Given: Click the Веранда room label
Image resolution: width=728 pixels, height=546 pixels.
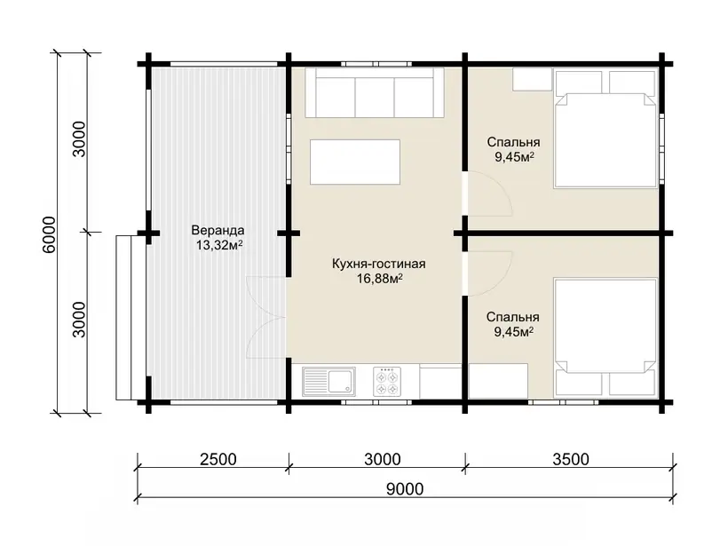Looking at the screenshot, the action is [x=218, y=230].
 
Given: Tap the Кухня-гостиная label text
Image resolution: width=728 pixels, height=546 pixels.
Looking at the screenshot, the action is [x=379, y=265].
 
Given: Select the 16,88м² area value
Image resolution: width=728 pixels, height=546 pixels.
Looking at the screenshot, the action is [x=379, y=279].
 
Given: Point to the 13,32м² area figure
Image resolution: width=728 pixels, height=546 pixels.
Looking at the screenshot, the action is [x=218, y=245].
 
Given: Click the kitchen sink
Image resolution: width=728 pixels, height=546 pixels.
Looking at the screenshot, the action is [x=328, y=382].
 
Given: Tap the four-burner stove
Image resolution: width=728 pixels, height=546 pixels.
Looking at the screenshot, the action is [x=387, y=382].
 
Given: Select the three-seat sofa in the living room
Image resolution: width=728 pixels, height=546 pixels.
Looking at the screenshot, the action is [x=375, y=93].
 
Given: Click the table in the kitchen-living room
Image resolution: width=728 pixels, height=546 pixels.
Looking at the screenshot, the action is [x=355, y=162].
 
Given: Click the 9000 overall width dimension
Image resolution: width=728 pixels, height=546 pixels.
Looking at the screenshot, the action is [x=405, y=489].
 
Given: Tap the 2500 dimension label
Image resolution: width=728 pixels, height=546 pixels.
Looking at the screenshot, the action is [x=218, y=459].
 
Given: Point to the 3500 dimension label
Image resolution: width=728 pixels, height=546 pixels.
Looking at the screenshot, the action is [x=571, y=459].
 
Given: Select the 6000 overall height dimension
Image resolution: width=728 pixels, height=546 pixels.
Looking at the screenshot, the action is [x=48, y=235].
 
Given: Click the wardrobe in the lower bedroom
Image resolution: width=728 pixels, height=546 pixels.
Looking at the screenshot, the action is [x=498, y=381].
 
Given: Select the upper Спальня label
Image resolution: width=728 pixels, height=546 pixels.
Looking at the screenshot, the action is [x=513, y=142].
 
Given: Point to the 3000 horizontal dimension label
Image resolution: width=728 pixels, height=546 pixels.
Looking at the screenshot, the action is [x=383, y=459].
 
